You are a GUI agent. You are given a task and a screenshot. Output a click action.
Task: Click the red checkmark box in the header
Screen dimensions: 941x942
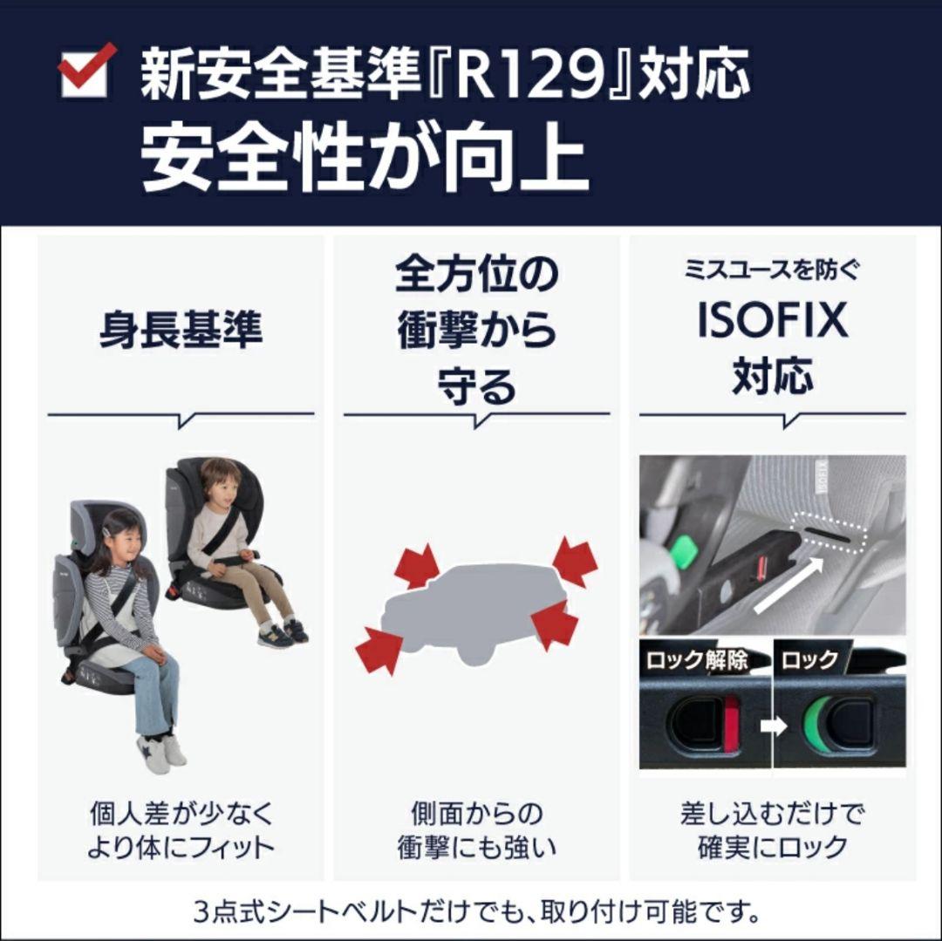tap(86, 71)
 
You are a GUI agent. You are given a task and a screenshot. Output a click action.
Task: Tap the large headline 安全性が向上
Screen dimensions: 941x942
tap(365, 160)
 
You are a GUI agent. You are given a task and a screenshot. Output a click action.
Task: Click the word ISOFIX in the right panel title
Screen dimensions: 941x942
tap(772, 320)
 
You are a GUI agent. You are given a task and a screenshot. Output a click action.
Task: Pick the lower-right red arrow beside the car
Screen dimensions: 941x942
tap(555, 625)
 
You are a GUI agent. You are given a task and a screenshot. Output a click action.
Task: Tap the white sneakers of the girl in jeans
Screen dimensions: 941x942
tap(161, 751)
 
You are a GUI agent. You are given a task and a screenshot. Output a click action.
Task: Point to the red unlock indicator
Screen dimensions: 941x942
tap(731, 723)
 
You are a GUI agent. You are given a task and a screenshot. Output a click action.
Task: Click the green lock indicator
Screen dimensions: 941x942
tap(817, 723)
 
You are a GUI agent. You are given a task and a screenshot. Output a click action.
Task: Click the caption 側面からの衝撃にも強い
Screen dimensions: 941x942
tap(476, 830)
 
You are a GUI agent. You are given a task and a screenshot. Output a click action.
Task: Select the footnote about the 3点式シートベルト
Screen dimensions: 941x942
tap(476, 914)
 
